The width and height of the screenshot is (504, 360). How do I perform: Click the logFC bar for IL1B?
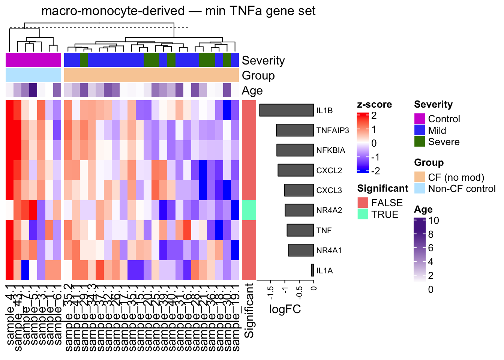pyautogui.click(x=286, y=110)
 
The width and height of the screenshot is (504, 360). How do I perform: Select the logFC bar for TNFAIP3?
pyautogui.click(x=295, y=130)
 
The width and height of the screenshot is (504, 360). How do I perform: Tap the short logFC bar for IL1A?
pyautogui.click(x=312, y=270)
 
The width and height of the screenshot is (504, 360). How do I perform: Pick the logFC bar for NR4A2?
pyautogui.click(x=299, y=210)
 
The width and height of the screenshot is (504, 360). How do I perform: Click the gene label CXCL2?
pyautogui.click(x=329, y=171)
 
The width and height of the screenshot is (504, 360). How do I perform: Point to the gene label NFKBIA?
pyautogui.click(x=330, y=150)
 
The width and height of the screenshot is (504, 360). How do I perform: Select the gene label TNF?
pyautogui.click(x=324, y=231)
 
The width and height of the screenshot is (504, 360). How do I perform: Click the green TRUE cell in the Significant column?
pyautogui.click(x=249, y=210)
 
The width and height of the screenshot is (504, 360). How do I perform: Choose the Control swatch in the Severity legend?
pyautogui.click(x=420, y=119)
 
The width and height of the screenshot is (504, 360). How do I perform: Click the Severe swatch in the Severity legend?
pyautogui.click(x=420, y=142)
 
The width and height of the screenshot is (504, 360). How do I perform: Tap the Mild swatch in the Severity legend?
pyautogui.click(x=420, y=130)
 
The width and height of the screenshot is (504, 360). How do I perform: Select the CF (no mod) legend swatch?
pyautogui.click(x=420, y=177)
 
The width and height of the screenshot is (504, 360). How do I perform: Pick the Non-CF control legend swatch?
pyautogui.click(x=420, y=188)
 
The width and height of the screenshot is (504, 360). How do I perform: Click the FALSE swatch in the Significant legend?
pyautogui.click(x=363, y=202)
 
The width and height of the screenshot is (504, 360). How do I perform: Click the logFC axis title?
pyautogui.click(x=285, y=309)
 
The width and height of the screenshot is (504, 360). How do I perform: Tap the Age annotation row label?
pyautogui.click(x=252, y=91)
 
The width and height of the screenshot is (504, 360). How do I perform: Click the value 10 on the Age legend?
pyautogui.click(x=433, y=220)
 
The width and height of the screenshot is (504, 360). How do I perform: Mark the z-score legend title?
pyautogui.click(x=374, y=105)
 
